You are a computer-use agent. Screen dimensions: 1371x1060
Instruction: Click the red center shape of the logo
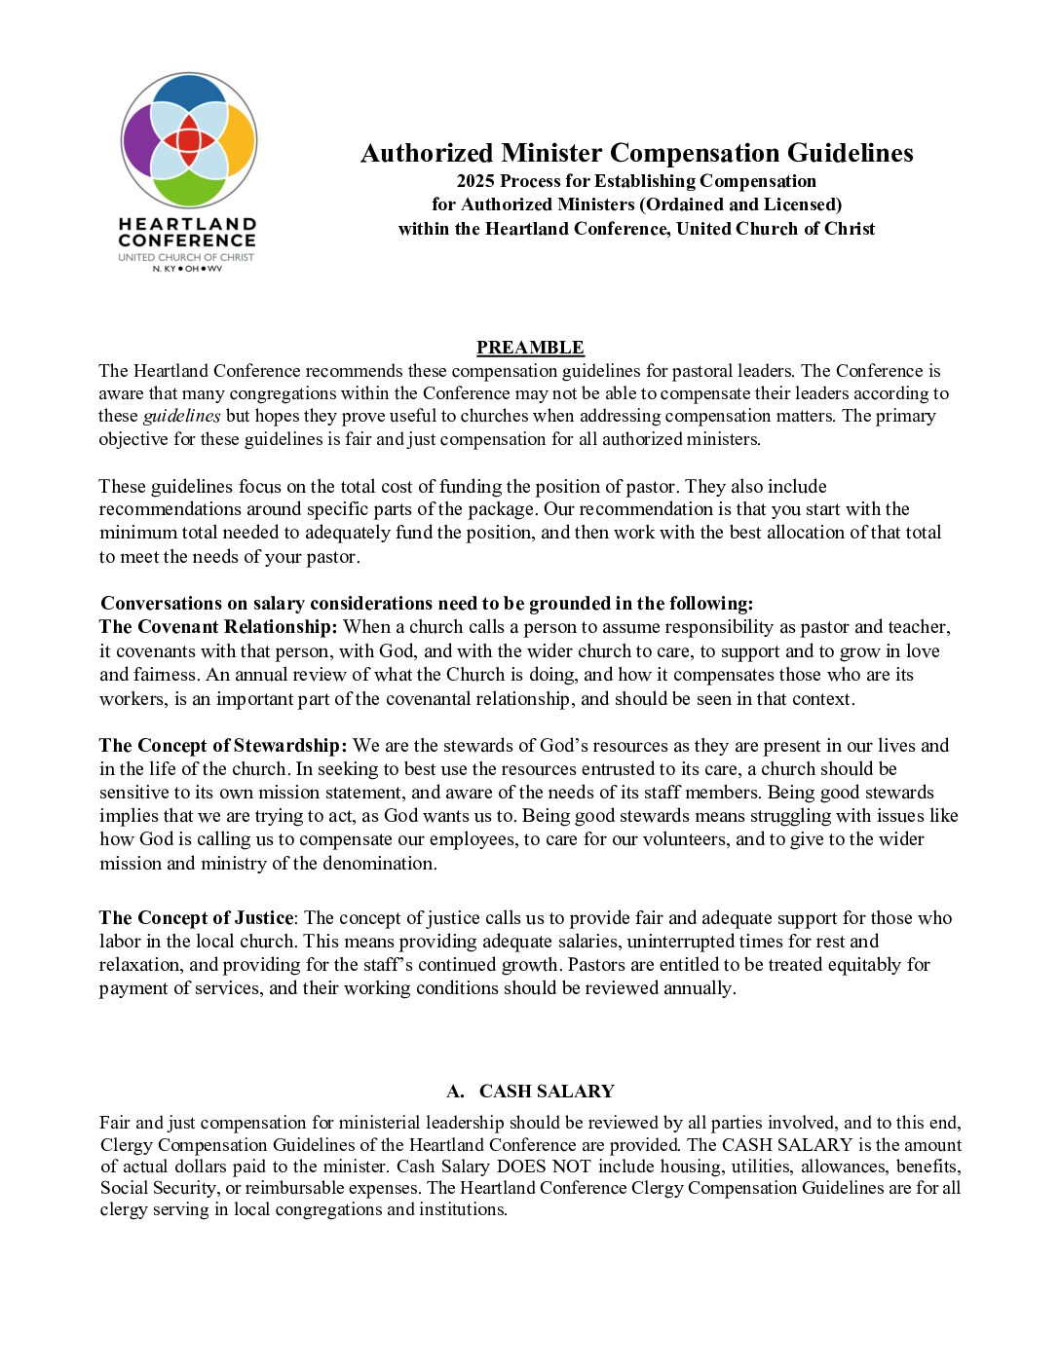pos(189,140)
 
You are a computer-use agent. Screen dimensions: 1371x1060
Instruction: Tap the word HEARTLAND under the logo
pos(187,224)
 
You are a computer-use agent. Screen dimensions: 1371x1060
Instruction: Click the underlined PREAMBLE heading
pos(530,348)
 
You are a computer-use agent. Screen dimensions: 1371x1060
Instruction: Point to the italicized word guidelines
pos(182,416)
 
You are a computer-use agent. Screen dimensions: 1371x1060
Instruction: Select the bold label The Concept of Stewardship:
pos(223,746)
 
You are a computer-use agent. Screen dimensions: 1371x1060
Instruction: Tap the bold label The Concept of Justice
pos(196,918)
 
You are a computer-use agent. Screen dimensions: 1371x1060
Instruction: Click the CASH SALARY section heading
pos(546,1092)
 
